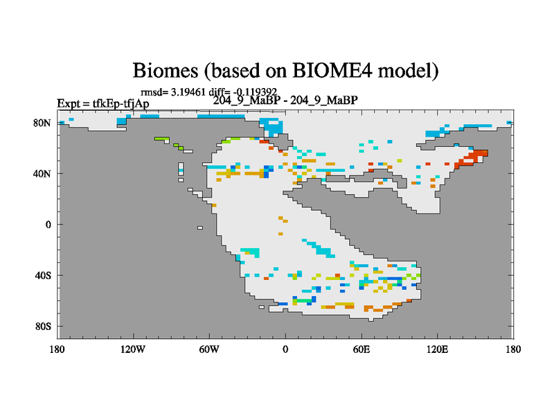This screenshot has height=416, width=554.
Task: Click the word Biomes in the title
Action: point(166,70)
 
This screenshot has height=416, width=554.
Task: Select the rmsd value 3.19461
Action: point(188,92)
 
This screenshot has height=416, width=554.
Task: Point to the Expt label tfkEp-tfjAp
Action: point(120,103)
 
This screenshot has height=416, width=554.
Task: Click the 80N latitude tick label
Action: point(42,123)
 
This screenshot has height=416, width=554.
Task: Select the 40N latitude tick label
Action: point(42,174)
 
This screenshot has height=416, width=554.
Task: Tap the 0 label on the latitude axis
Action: point(48,225)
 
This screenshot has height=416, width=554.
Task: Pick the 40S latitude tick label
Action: point(43,275)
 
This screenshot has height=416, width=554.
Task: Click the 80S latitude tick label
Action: point(43,326)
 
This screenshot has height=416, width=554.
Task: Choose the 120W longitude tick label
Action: point(132,349)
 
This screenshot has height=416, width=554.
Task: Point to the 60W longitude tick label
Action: point(209,349)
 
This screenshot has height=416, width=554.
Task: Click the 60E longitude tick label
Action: point(361,349)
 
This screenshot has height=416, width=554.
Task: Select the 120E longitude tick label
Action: point(438,349)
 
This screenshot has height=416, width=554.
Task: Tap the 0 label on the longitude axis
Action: point(285,349)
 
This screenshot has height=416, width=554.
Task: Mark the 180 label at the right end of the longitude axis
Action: point(513,349)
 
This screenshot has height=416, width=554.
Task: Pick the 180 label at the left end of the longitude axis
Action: point(57,349)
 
